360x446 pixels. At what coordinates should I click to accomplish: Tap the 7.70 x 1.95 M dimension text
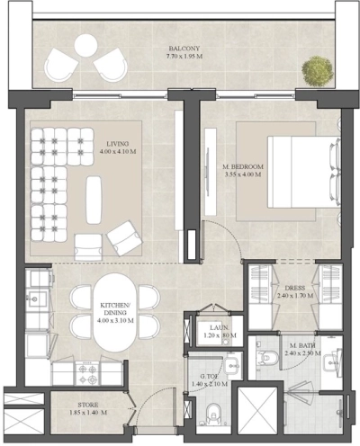184,57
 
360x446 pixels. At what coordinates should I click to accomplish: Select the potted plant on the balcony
316,69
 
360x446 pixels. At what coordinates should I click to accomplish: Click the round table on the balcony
87,44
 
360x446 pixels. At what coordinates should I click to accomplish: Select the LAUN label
216,328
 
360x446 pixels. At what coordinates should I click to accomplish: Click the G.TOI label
210,378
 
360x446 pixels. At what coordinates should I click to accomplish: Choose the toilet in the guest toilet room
211,414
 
